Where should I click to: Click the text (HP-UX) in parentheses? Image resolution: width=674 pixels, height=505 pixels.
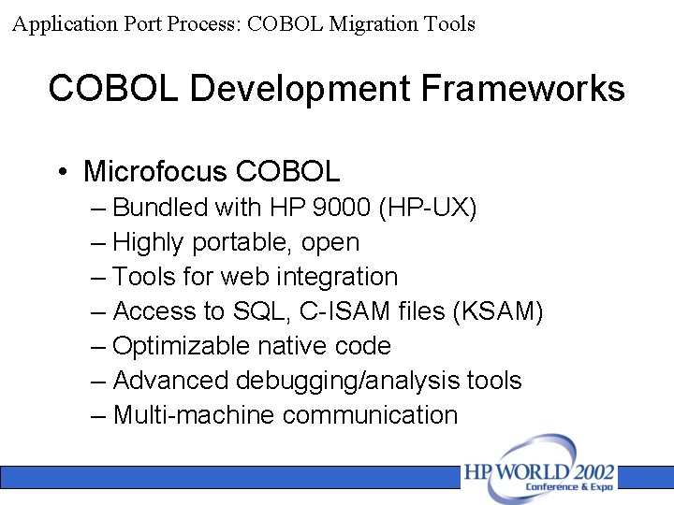(x=428, y=208)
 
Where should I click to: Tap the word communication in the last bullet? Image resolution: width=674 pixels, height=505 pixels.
(x=370, y=415)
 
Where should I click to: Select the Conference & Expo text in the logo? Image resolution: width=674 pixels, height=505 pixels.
(x=569, y=487)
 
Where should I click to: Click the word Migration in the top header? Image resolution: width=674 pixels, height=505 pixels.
(x=366, y=24)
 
